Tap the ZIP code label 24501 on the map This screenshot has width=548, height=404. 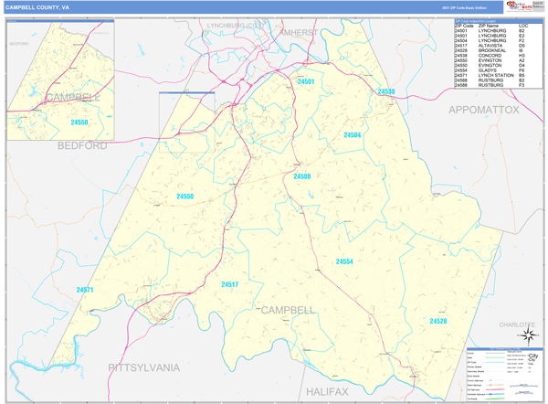[306, 82]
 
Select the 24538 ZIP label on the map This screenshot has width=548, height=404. [385, 91]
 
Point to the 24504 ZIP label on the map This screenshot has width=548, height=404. [353, 135]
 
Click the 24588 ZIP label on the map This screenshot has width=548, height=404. [302, 176]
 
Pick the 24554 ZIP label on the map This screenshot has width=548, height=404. [344, 261]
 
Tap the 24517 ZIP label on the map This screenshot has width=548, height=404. [229, 284]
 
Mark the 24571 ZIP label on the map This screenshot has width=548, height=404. [85, 290]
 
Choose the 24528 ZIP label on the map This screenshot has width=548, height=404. [438, 321]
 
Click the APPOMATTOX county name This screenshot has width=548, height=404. [482, 110]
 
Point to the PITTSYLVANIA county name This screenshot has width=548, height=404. [144, 367]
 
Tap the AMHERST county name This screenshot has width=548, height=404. [299, 32]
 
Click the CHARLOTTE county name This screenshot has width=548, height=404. [517, 324]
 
